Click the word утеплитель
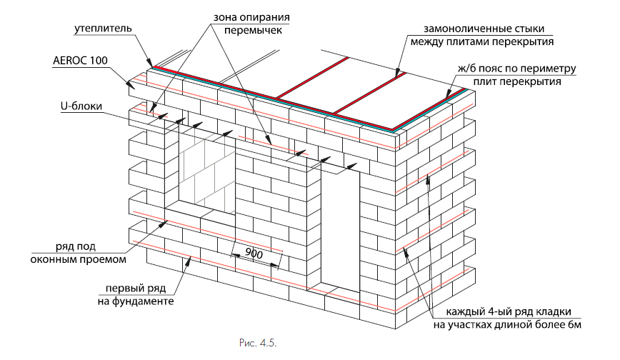click(x=103, y=29)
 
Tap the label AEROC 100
click(x=80, y=61)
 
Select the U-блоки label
click(x=81, y=106)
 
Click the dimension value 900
click(x=254, y=253)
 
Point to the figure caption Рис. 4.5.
click(x=258, y=343)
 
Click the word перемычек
click(x=253, y=31)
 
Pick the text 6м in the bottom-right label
click(x=574, y=325)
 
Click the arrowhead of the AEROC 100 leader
click(x=130, y=84)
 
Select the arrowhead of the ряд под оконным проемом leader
click(x=163, y=224)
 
